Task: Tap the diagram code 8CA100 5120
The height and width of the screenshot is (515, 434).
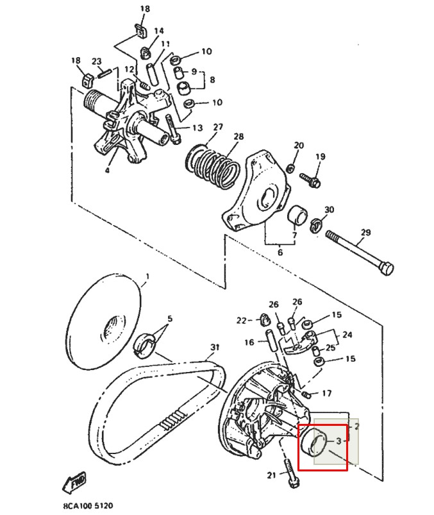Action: [88, 505]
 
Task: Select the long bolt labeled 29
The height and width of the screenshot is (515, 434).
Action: [360, 253]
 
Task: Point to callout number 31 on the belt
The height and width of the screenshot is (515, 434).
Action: [215, 347]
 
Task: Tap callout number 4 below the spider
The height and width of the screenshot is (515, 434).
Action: [107, 170]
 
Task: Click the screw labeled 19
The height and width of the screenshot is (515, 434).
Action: [310, 180]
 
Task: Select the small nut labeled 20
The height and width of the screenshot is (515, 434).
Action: [290, 169]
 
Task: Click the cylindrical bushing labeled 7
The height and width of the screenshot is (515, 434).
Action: [297, 214]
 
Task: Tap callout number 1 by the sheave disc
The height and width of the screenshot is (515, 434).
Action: [147, 276]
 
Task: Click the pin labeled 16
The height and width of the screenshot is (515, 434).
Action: [270, 340]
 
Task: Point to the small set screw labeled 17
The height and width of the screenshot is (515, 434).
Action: [306, 394]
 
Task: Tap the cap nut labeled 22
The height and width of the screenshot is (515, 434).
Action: [264, 319]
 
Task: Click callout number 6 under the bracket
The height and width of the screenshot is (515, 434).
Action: [280, 252]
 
